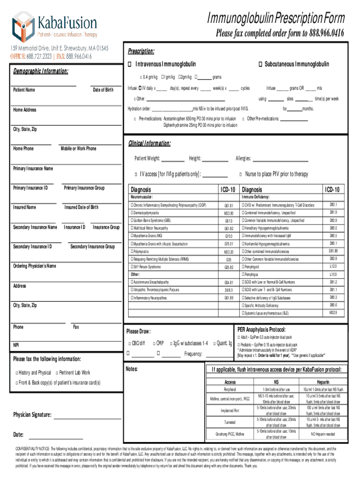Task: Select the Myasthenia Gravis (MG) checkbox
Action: click(x=132, y=236)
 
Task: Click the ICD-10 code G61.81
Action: click(x=229, y=206)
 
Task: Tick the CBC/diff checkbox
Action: click(x=130, y=344)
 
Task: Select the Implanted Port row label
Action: click(x=230, y=411)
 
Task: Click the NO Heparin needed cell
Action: click(x=323, y=434)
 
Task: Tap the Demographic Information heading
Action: click(x=41, y=72)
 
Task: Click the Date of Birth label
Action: click(x=103, y=90)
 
